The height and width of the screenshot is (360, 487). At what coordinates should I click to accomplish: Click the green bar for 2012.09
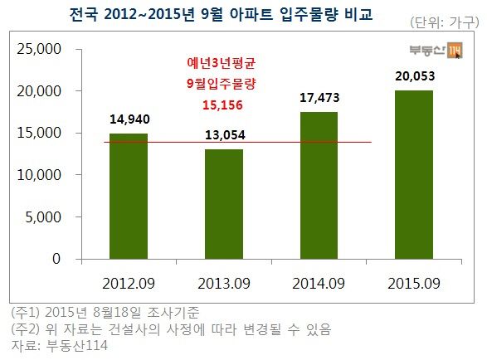click(129, 196)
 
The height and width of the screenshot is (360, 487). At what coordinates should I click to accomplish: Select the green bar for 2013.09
click(224, 204)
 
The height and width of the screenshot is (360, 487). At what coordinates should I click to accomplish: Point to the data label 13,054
click(224, 135)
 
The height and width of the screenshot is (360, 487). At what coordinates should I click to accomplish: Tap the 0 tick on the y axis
click(56, 259)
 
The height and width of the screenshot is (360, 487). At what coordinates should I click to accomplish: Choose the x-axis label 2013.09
click(224, 281)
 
